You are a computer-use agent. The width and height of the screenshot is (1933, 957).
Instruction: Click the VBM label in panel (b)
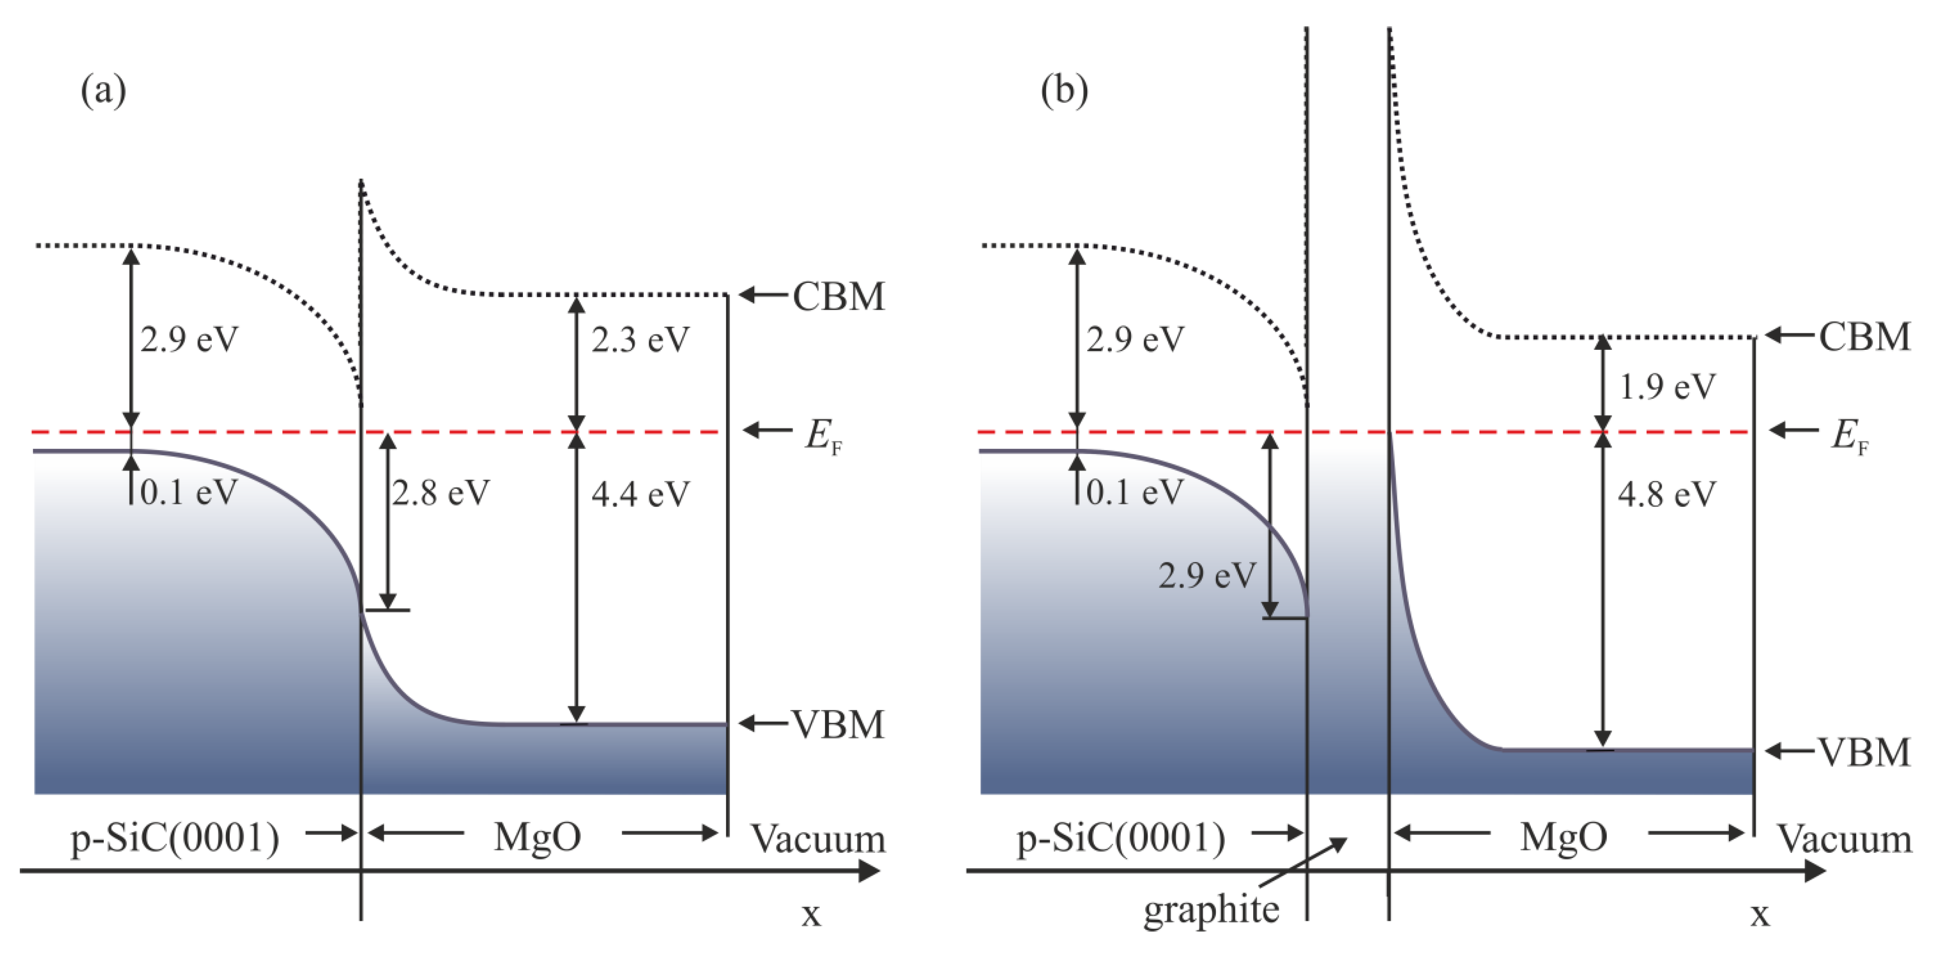(x=1864, y=751)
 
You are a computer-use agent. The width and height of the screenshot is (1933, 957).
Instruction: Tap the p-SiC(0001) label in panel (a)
(x=175, y=838)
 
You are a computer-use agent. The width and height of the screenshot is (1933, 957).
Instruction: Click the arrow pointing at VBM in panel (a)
(x=764, y=724)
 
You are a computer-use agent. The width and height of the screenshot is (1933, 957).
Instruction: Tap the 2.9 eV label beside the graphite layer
(x=1206, y=575)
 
